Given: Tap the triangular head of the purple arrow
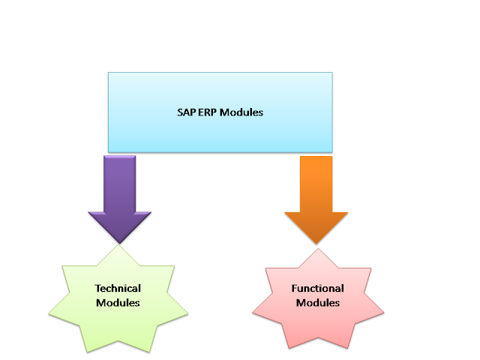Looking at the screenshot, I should click(118, 225).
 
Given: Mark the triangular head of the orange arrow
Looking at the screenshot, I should click(316, 226).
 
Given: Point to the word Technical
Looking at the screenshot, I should click(118, 288).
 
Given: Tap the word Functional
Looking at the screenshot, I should click(318, 288).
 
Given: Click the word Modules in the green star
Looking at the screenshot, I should click(118, 303).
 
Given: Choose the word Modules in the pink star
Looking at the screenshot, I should click(318, 303).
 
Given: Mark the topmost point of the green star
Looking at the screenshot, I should click(118, 245).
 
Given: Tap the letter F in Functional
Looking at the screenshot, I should click(295, 288).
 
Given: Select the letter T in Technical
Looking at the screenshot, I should click(97, 288).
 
